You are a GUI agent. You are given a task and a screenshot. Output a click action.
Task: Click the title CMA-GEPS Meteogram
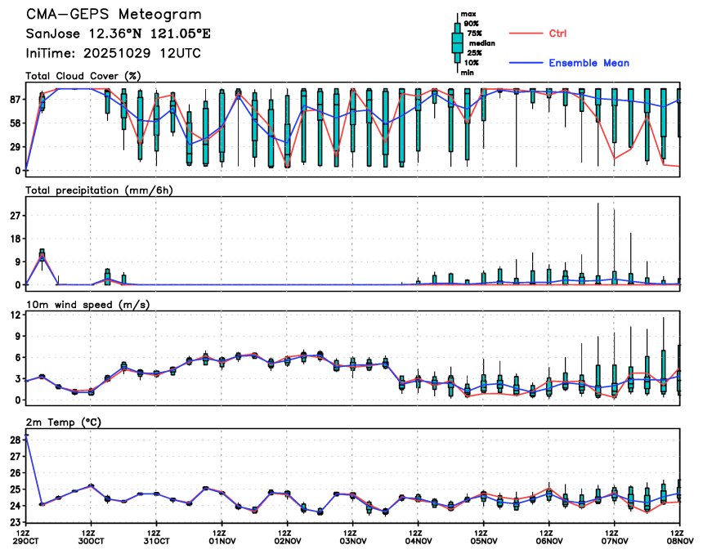coord(114,15)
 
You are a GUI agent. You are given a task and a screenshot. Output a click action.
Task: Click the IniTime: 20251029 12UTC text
coord(114,53)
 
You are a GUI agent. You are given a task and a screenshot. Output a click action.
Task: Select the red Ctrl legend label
coord(557,34)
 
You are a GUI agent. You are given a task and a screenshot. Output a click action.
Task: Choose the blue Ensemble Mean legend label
coord(589,63)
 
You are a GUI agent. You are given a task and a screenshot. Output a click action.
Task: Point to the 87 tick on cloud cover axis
coord(13,99)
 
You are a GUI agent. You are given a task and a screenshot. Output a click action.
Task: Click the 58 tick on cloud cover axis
coord(13,123)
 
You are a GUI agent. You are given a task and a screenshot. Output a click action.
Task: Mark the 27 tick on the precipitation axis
coord(13,216)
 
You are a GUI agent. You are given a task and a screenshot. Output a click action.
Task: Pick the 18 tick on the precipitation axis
coord(13,239)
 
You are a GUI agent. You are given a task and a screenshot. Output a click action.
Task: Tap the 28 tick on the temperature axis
coord(13,440)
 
